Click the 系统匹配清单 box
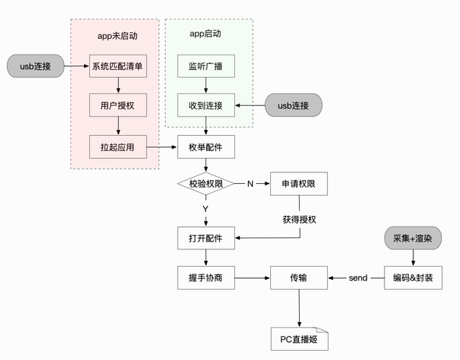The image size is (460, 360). pyautogui.click(x=118, y=66)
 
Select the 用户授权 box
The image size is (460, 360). pyautogui.click(x=118, y=106)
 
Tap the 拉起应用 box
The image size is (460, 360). pyautogui.click(x=118, y=147)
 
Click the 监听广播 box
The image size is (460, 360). pyautogui.click(x=206, y=66)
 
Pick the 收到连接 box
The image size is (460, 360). pyautogui.click(x=206, y=106)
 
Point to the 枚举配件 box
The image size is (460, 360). pyautogui.click(x=206, y=147)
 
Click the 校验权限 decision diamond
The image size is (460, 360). pyautogui.click(x=206, y=184)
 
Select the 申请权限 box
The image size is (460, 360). pyautogui.click(x=299, y=184)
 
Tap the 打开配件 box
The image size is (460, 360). pyautogui.click(x=206, y=238)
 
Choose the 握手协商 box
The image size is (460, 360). pyautogui.click(x=206, y=277)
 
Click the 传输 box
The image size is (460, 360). pyautogui.click(x=299, y=277)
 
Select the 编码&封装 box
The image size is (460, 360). pyautogui.click(x=413, y=277)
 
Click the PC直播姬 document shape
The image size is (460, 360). pyautogui.click(x=299, y=339)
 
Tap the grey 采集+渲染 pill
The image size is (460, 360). pyautogui.click(x=413, y=238)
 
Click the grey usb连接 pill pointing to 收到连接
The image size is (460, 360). pyautogui.click(x=293, y=106)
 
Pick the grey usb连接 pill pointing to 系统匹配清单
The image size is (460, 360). pyautogui.click(x=35, y=66)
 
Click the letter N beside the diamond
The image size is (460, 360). pyautogui.click(x=250, y=184)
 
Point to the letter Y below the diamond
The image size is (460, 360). pyautogui.click(x=206, y=209)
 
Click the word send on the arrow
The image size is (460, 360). pyautogui.click(x=358, y=278)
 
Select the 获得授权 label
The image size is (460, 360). pyautogui.click(x=299, y=219)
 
